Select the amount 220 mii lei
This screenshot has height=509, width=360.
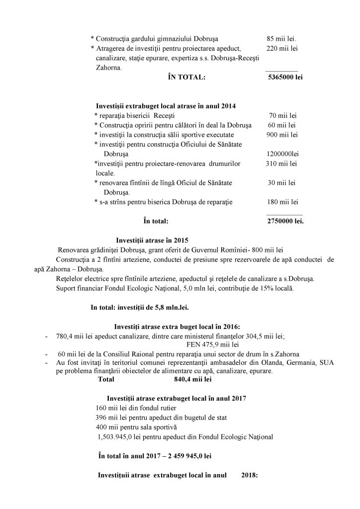[282, 48]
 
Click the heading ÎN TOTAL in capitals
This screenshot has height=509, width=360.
[187, 78]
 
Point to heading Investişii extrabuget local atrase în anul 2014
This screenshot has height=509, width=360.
[166, 106]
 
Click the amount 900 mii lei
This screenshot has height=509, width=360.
[282, 135]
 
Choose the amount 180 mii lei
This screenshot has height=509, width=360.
[282, 202]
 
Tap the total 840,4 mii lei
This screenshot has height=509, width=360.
[191, 379]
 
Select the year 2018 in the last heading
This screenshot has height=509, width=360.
[248, 475]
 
